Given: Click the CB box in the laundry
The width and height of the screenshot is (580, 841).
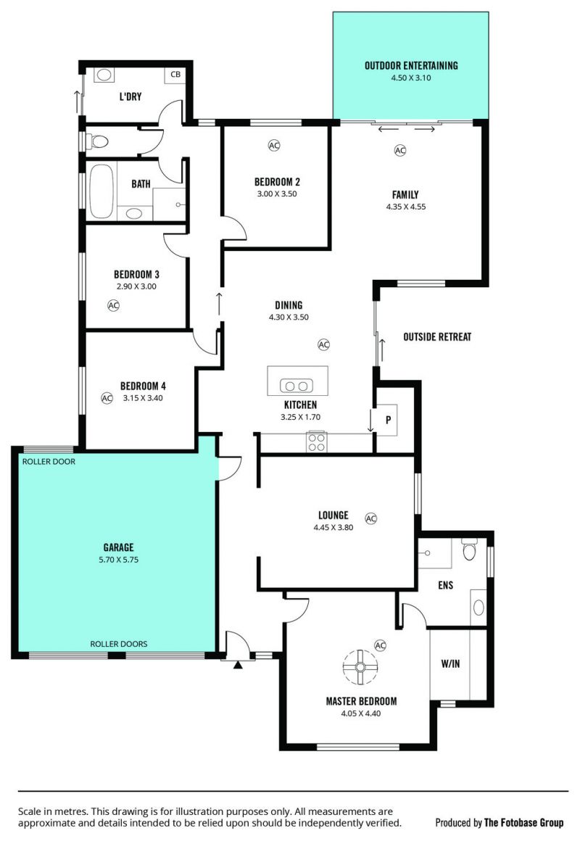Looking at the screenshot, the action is tap(175, 75).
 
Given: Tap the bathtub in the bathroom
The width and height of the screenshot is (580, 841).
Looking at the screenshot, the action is tap(101, 191).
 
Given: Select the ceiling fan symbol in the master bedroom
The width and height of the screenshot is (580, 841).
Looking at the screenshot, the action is tap(360, 667).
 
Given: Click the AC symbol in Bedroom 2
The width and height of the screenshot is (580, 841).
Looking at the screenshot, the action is tap(274, 145).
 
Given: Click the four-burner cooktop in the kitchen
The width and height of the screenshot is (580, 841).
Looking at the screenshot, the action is tap(316, 442).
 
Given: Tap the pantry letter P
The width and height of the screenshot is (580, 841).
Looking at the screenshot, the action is tap(389, 420).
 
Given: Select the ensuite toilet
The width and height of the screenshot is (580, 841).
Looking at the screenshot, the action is tap(470, 550).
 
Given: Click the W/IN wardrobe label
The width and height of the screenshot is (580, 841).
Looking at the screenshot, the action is tap(451, 664).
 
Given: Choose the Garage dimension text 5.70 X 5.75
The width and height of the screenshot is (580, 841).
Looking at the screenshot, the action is tap(119, 560).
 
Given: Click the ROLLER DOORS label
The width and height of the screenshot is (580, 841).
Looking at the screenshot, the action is tap(119, 644).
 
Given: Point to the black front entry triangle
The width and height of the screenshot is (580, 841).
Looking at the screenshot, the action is tap(238, 665).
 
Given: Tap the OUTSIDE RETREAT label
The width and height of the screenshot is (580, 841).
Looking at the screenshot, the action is tap(437, 337).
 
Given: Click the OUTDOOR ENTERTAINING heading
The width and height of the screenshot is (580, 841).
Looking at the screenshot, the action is tap(412, 66).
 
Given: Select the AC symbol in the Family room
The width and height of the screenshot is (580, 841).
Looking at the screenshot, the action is tap(400, 150).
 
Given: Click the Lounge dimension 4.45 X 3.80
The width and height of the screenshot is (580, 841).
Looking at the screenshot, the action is tap(333, 527).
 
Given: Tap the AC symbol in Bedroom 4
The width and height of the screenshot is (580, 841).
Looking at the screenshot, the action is tap(107, 398).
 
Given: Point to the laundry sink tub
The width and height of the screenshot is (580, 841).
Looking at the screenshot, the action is tap(104, 75).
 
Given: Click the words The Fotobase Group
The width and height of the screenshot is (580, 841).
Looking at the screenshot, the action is tap(523, 823).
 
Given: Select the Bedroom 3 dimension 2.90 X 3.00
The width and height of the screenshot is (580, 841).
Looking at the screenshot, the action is tap(137, 286).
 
